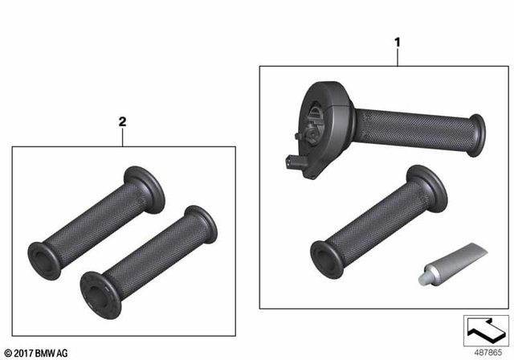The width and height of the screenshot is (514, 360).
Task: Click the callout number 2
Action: click(123, 122)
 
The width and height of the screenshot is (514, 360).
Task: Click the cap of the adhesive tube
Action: click(422, 278)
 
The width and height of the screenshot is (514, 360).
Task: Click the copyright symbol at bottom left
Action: click(8, 351)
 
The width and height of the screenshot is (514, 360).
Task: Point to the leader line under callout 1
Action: click(396, 55)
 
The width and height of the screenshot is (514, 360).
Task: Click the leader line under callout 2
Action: click(123, 137)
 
